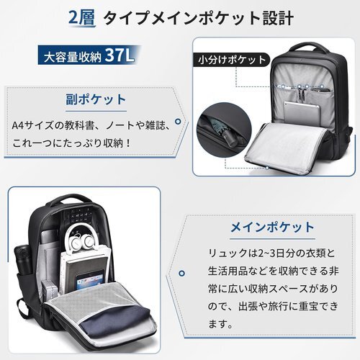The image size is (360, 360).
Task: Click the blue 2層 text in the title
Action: pos(82,18)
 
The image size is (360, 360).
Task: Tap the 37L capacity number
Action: pos(120,55)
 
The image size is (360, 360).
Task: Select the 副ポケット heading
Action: pos(96,99)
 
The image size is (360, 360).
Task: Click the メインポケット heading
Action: pos(272,228)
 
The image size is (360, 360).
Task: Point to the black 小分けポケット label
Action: pos(232,60)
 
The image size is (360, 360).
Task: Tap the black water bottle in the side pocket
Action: pos(24,261)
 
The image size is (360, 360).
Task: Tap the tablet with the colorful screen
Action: pos(90,280)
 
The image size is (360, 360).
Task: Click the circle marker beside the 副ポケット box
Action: pos(178,122)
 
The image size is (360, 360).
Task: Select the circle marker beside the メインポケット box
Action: pos(182,273)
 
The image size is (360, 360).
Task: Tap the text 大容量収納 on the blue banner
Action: pos(73,57)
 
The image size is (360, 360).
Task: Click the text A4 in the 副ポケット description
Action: pos(17,125)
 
